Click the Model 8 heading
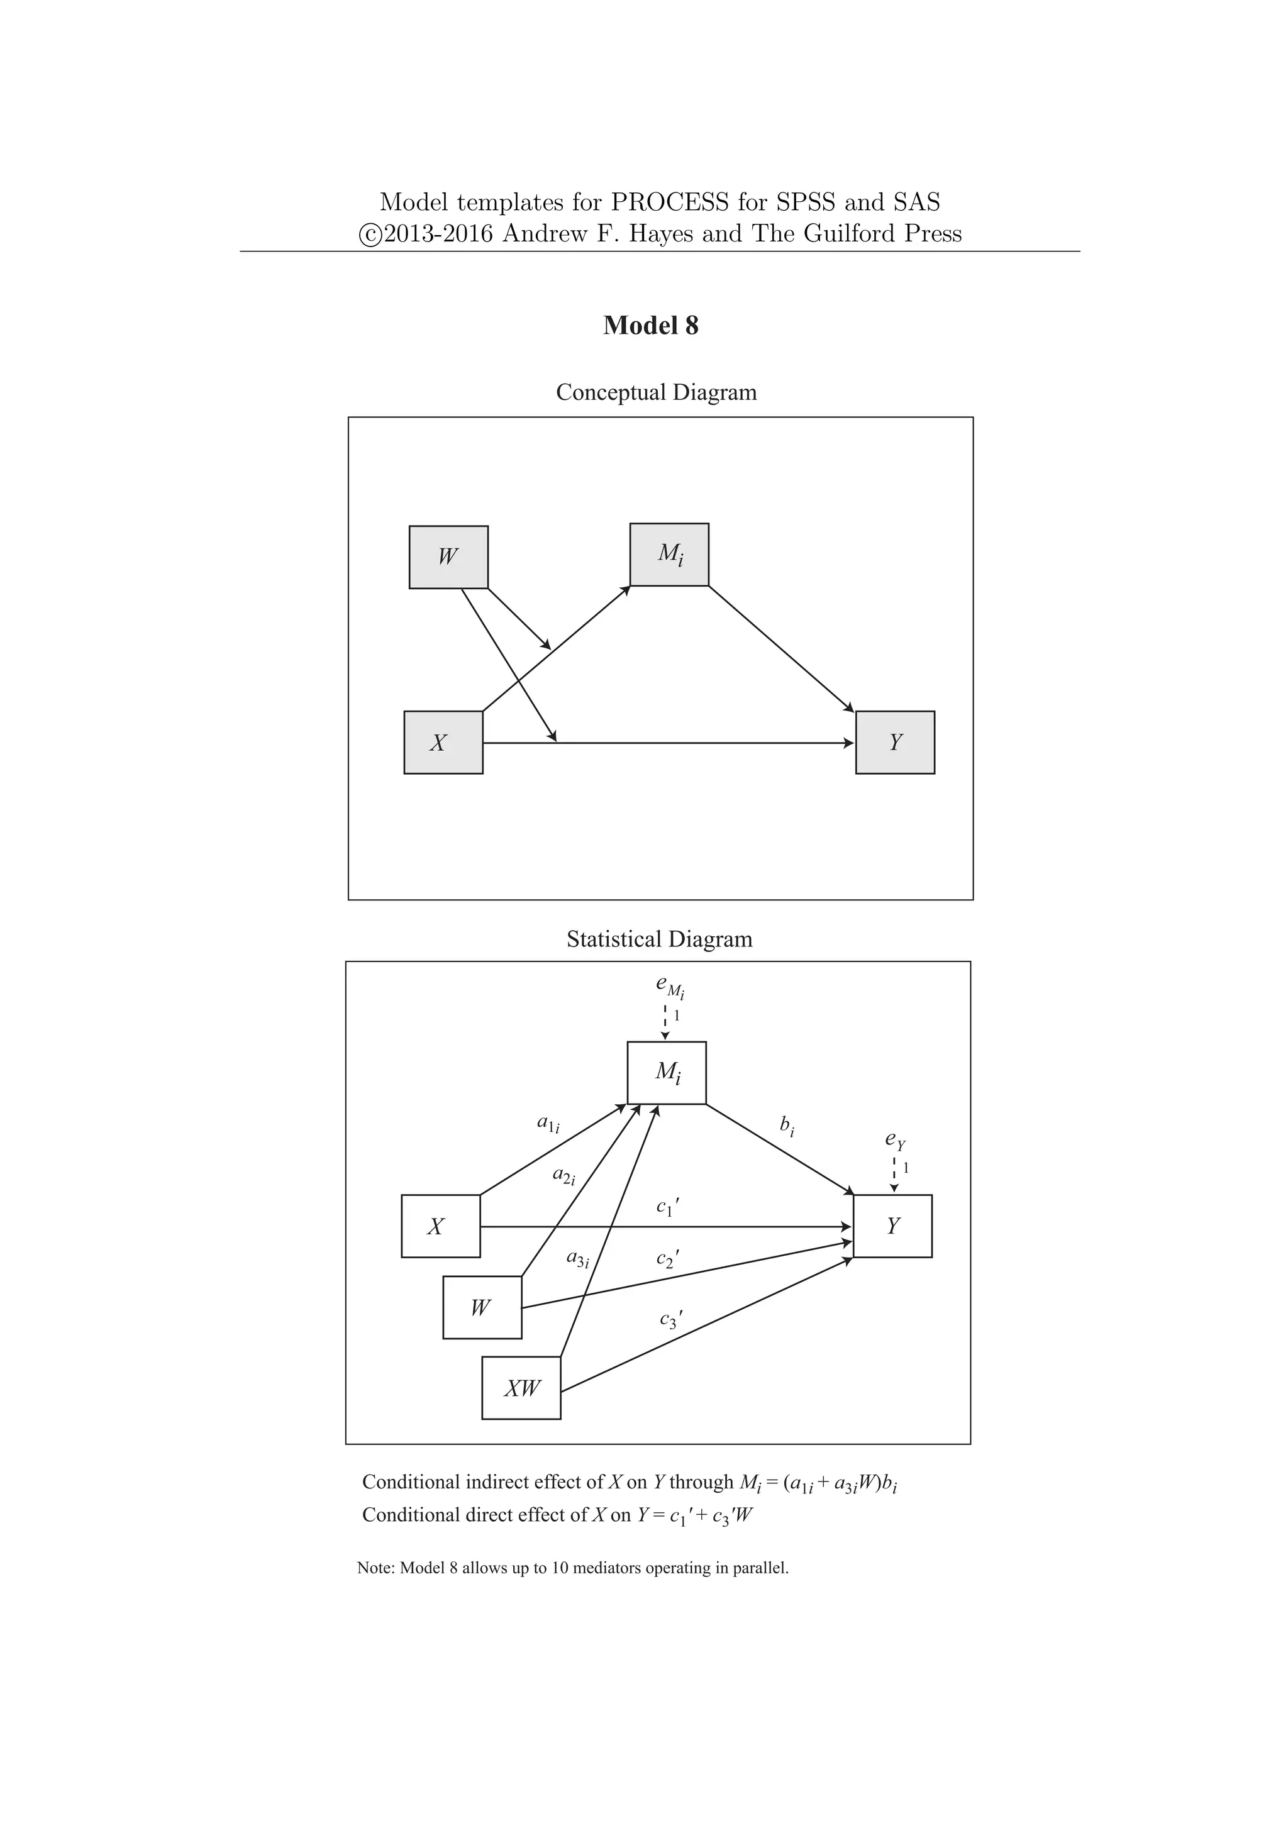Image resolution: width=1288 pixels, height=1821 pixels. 650,326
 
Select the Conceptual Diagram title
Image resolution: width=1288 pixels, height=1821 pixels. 656,392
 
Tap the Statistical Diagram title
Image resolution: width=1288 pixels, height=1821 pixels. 659,939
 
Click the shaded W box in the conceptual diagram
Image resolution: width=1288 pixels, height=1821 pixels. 448,556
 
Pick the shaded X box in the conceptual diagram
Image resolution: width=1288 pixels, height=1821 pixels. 443,743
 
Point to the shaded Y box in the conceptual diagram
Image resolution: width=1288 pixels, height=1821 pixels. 895,743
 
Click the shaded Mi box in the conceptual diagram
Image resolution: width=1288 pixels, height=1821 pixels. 669,555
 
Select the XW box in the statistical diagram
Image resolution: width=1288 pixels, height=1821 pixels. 521,1388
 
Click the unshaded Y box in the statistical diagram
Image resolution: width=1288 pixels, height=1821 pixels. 892,1226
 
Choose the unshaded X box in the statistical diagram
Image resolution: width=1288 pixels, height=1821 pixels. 440,1226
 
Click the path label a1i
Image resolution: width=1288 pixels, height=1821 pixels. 548,1123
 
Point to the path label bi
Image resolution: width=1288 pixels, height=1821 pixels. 787,1125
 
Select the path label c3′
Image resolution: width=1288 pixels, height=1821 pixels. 670,1319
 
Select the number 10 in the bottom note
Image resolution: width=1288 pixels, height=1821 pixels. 560,1569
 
